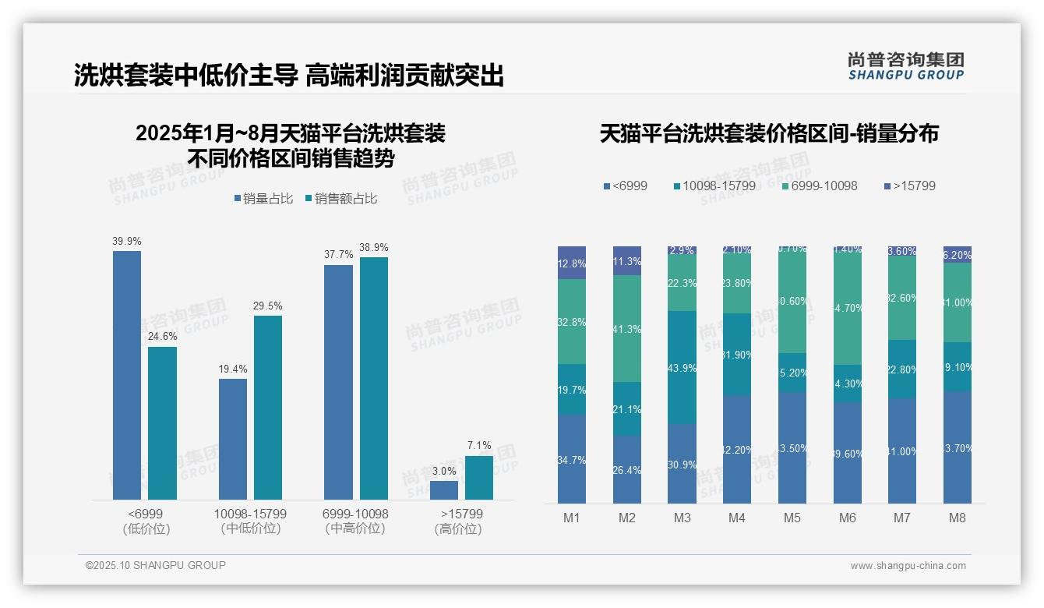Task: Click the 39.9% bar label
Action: click(x=127, y=242)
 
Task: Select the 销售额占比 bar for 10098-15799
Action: click(x=268, y=407)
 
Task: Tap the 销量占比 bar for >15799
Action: click(x=444, y=490)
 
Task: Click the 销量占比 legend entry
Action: click(x=263, y=199)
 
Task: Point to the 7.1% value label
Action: click(x=479, y=446)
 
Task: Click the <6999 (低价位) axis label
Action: click(x=146, y=521)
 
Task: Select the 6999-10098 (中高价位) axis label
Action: click(x=355, y=521)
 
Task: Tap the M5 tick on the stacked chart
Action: click(x=792, y=518)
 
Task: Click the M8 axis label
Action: click(x=958, y=518)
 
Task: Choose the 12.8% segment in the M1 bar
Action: click(x=572, y=263)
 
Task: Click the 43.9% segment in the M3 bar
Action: click(x=682, y=367)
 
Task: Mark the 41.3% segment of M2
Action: click(x=627, y=328)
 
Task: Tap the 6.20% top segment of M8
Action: click(x=958, y=254)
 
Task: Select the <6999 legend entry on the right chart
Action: click(x=626, y=186)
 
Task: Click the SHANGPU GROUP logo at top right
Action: click(x=906, y=65)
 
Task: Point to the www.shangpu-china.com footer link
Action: click(x=908, y=566)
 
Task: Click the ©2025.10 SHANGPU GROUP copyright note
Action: click(x=156, y=565)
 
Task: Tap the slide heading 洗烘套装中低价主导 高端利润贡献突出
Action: click(x=289, y=76)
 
